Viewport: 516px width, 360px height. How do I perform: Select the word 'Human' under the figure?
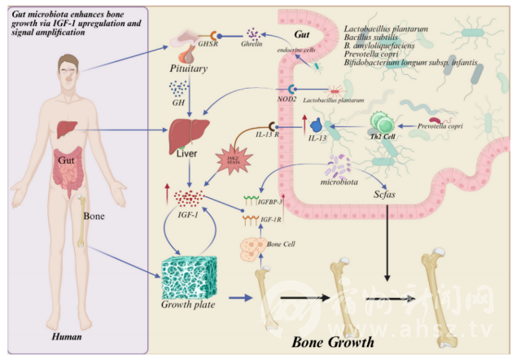[68, 336]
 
